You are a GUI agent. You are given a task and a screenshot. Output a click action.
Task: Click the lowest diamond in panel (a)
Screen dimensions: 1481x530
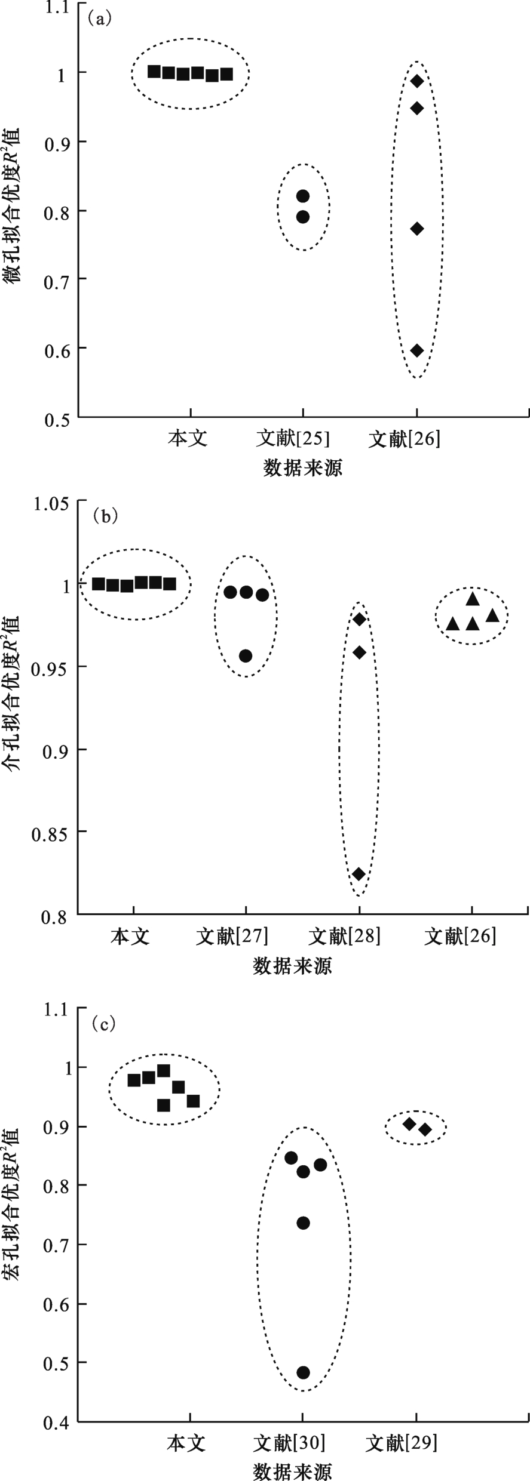[417, 350]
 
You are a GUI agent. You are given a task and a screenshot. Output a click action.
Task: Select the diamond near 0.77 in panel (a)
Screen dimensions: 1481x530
[417, 229]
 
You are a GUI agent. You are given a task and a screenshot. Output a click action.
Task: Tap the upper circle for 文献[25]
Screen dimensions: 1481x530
[303, 196]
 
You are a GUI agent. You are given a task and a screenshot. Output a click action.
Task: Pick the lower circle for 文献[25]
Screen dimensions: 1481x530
[303, 217]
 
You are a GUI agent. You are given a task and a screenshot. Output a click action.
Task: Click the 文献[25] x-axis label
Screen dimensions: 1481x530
[292, 439]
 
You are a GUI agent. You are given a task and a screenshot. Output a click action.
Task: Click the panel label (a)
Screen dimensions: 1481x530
[99, 19]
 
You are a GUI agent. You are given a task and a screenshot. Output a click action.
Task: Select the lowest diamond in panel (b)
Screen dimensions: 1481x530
[359, 874]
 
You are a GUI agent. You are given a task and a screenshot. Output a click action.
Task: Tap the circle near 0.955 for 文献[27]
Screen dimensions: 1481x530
[246, 656]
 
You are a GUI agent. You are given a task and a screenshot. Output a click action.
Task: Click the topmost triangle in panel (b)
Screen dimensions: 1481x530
[473, 599]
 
